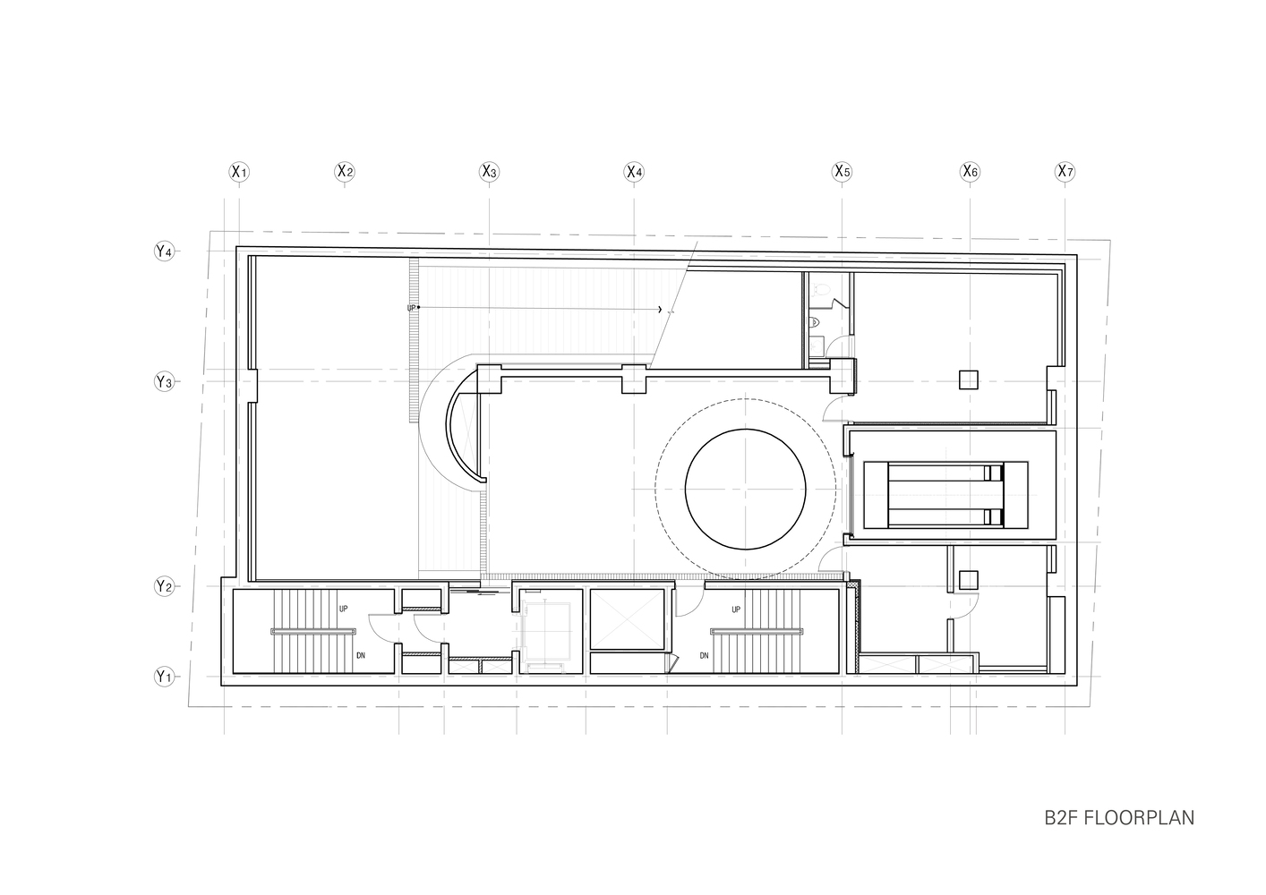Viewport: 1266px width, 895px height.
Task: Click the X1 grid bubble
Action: (238, 171)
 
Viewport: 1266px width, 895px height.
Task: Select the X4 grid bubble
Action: (634, 171)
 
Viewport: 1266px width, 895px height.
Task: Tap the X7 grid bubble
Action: (1065, 171)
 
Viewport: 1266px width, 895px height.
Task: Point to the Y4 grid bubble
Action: (163, 251)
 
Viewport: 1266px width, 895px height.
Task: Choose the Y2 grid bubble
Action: (163, 587)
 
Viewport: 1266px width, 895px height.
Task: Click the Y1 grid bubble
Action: (163, 677)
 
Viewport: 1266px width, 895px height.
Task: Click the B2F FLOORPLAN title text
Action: (1118, 818)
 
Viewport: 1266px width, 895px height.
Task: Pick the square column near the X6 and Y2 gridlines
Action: (968, 580)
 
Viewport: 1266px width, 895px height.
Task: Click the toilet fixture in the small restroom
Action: (816, 321)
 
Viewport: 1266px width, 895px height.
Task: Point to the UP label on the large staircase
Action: (412, 308)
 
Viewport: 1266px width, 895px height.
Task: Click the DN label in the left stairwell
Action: (361, 655)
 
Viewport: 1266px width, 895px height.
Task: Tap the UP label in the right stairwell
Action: (736, 609)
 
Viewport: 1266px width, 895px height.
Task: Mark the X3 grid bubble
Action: (488, 171)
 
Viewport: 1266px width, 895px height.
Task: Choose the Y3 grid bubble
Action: (163, 382)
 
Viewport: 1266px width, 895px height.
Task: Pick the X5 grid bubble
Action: (842, 171)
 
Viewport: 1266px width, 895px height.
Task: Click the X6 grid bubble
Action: (970, 171)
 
